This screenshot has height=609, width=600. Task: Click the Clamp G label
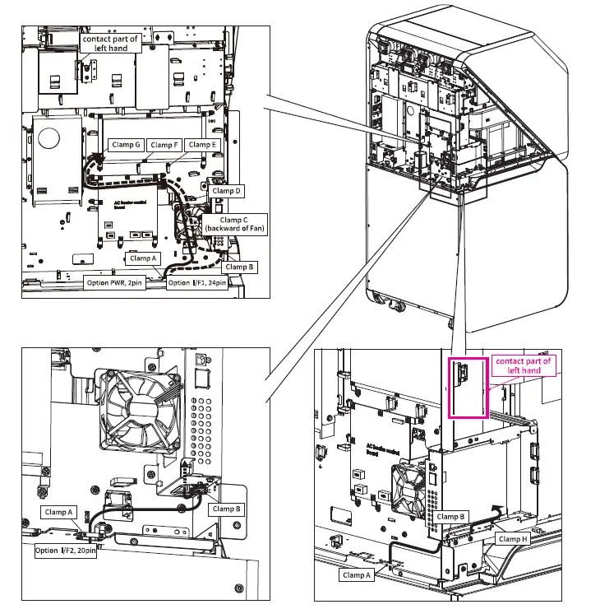click(x=127, y=145)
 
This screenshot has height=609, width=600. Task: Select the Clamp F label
click(x=165, y=145)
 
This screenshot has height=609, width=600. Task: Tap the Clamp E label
click(x=202, y=145)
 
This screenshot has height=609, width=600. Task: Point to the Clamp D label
click(x=227, y=191)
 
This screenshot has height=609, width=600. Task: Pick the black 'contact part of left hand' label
click(x=111, y=44)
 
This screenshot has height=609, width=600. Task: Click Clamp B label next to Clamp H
click(x=452, y=517)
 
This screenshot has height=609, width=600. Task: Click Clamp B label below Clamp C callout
click(x=241, y=267)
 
